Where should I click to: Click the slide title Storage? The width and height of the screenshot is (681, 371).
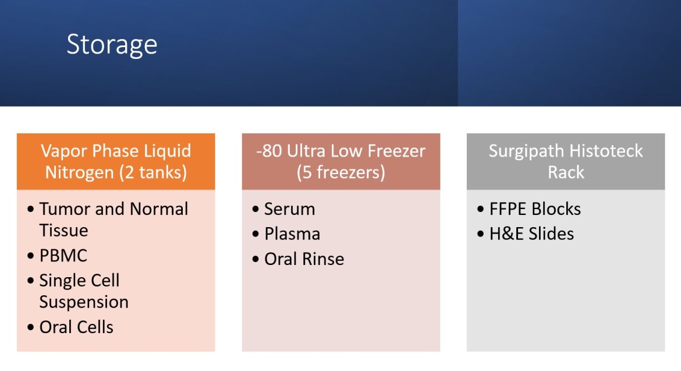pos(112,45)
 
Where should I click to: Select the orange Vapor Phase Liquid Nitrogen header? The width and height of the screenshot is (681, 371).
pos(116,161)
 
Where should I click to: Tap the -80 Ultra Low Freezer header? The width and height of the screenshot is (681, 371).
pos(341,161)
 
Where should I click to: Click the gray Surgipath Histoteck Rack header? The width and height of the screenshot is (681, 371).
pos(566,161)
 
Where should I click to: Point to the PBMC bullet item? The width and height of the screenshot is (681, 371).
pos(63,256)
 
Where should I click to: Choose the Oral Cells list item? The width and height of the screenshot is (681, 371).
pos(76,327)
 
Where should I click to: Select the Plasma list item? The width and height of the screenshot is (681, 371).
pos(292,234)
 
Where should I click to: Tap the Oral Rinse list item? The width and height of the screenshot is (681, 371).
pos(304,259)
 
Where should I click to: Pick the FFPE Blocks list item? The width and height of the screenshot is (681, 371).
pos(535,209)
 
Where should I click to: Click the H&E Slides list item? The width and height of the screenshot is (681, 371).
pos(531,234)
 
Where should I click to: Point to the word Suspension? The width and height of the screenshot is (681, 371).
pos(84,302)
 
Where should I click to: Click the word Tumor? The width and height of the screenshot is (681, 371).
pos(65,209)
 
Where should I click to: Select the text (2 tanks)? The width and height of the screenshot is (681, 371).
pos(152,172)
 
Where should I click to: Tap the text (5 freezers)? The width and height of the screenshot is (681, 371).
pos(341,172)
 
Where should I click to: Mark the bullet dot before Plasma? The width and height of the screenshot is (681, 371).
pos(256,234)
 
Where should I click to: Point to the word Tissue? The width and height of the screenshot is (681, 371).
pos(64,230)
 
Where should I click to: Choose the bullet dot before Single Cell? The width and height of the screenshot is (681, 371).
pos(30,281)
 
